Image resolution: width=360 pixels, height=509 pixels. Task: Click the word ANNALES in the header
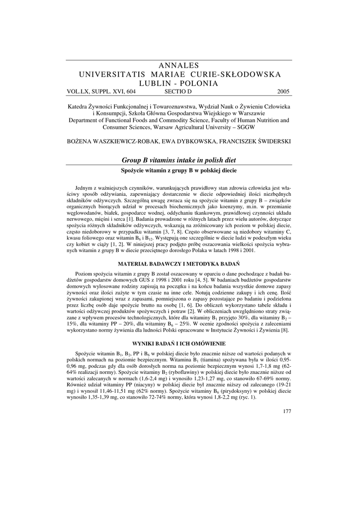tap(180, 66)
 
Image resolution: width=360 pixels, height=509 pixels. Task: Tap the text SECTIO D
tap(178, 91)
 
